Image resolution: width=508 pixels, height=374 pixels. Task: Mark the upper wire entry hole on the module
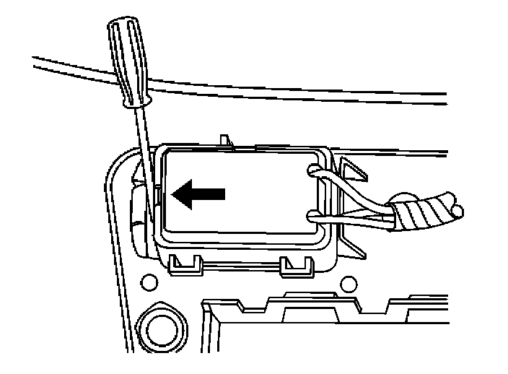pos(311,170)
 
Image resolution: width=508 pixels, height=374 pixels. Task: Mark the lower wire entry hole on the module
pos(311,214)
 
